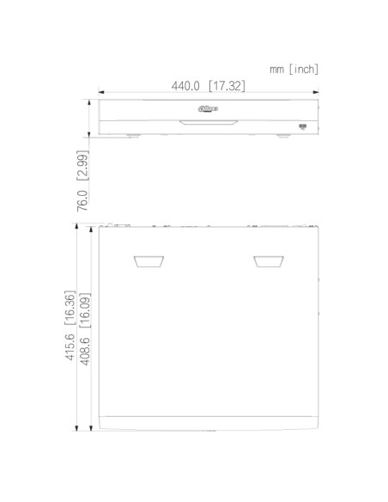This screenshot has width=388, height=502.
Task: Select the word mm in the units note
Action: tap(276, 69)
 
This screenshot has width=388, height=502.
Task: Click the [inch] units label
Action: tap(304, 69)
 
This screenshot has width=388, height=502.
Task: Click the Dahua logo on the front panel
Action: tap(208, 108)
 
